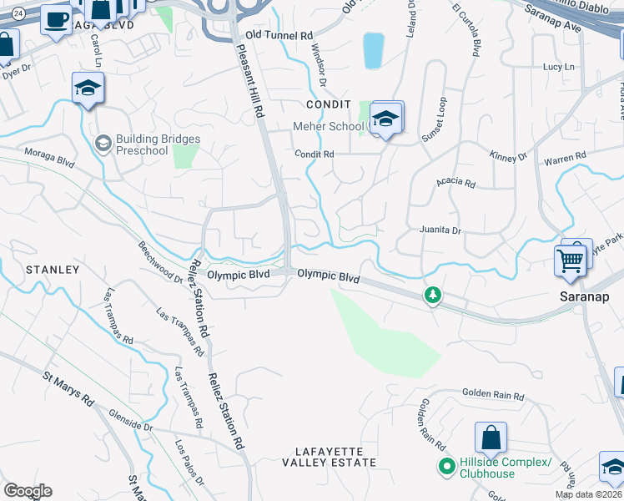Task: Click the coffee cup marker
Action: click(x=55, y=19)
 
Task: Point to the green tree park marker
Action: click(x=432, y=294)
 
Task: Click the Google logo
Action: click(x=28, y=490)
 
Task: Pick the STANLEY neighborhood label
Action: click(x=52, y=270)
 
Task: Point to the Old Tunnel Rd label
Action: click(x=279, y=36)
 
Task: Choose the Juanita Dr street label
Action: click(x=439, y=230)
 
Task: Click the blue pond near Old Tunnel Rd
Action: click(x=373, y=50)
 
